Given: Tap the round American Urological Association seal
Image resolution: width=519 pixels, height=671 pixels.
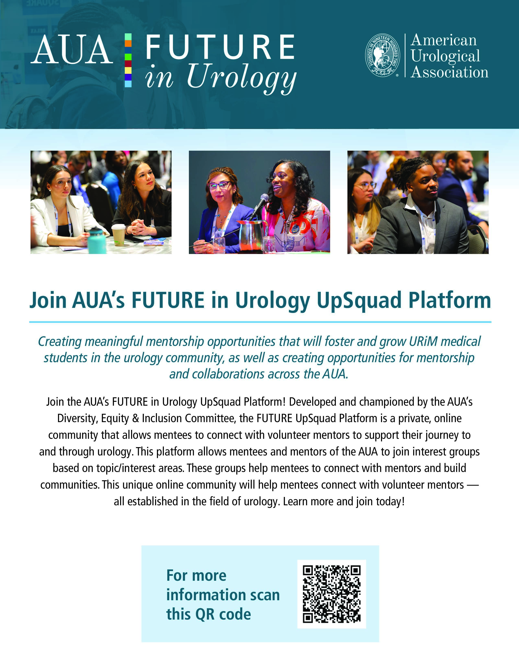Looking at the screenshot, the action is [382, 55].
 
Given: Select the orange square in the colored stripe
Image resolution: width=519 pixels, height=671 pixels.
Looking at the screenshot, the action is [128, 43].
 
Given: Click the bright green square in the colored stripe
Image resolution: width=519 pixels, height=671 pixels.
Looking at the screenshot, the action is [128, 57].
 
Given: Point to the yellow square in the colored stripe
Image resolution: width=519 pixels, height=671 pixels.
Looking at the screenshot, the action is [128, 70].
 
